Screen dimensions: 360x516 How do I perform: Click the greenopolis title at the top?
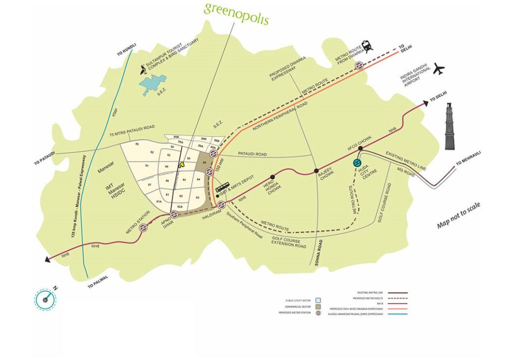point(236,14)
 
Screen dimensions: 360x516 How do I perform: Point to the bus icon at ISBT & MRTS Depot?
point(222,188)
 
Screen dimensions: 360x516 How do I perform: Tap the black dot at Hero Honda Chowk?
point(273,177)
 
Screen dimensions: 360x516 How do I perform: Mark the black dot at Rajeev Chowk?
point(316,171)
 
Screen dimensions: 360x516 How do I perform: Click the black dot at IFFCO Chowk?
point(361,149)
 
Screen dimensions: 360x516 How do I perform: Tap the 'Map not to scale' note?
point(459,215)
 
